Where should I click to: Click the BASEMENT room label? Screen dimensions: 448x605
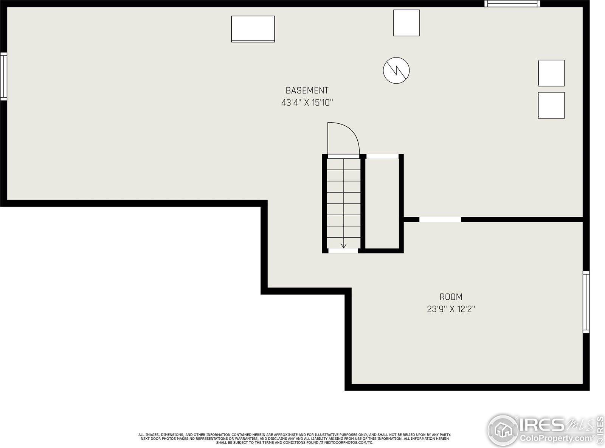coord(307,90)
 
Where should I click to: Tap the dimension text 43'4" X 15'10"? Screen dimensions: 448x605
coord(307,103)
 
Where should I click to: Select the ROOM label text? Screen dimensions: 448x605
coord(451,297)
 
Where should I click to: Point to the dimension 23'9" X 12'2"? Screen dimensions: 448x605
coord(451,309)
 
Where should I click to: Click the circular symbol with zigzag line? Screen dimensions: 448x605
coord(396,70)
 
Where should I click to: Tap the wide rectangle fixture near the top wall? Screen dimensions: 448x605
coord(253,29)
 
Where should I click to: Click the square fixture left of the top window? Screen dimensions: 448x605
coord(406,23)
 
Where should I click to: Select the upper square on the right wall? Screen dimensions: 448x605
coord(551,73)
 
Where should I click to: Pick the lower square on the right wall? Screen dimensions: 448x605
coord(551,105)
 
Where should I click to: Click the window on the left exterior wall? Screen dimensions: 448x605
coord(3,76)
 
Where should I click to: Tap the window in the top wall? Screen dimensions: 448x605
coord(512,4)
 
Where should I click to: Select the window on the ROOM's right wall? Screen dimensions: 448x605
coord(586,302)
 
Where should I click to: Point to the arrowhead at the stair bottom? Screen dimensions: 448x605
coord(344,246)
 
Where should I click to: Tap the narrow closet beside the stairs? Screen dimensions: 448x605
coord(382,204)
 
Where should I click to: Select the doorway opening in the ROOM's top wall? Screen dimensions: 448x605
coord(440,219)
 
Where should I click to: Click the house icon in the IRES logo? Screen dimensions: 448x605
coord(503,430)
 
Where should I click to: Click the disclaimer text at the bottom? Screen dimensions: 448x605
coord(295,439)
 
